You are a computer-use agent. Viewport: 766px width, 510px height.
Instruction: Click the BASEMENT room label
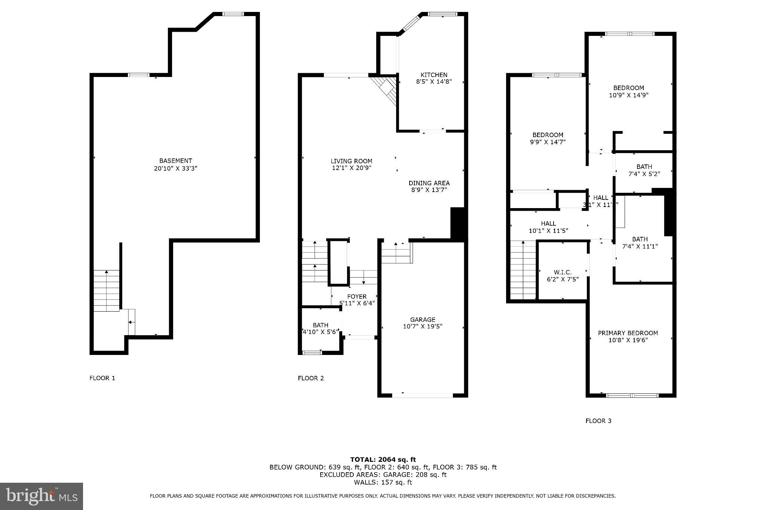click(x=175, y=161)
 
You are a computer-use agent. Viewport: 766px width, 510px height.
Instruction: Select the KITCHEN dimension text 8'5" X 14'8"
click(x=434, y=82)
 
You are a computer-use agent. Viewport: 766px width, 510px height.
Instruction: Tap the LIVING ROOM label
click(x=351, y=161)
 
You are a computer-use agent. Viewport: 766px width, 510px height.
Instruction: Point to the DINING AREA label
click(x=429, y=183)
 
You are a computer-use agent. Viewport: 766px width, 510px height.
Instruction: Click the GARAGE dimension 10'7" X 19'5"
click(x=423, y=327)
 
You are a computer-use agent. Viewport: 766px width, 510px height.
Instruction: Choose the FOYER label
click(x=357, y=296)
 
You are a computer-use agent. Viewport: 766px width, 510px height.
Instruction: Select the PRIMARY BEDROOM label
click(x=628, y=333)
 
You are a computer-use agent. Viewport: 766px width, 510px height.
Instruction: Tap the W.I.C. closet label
click(x=563, y=272)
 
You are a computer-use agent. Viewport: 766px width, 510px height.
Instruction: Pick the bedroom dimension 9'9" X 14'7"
click(x=548, y=142)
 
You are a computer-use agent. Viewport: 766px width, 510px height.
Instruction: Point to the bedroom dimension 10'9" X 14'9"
click(x=628, y=95)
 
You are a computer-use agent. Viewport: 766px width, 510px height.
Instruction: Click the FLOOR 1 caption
click(x=102, y=378)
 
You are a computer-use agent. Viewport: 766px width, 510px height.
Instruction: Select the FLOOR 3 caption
click(x=598, y=421)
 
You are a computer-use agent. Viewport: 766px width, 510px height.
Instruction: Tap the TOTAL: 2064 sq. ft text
click(x=383, y=460)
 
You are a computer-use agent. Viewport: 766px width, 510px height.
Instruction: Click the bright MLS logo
click(x=42, y=496)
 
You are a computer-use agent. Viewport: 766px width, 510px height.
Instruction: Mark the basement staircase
click(x=107, y=290)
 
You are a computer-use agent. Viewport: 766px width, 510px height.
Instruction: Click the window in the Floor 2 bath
click(x=312, y=352)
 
